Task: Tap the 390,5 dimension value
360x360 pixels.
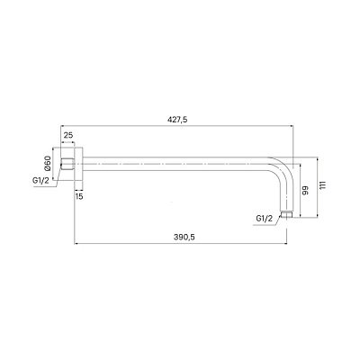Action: [184, 237]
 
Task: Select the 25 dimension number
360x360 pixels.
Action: [68, 135]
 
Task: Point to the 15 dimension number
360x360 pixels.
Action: [79, 196]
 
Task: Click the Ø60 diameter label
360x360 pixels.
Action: [48, 164]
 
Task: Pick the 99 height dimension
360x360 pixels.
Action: [305, 191]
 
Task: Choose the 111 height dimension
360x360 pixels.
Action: [322, 185]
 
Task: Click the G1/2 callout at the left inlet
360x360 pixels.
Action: [40, 181]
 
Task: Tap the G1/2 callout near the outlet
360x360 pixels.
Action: [265, 219]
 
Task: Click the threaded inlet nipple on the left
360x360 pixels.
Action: [67, 164]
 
